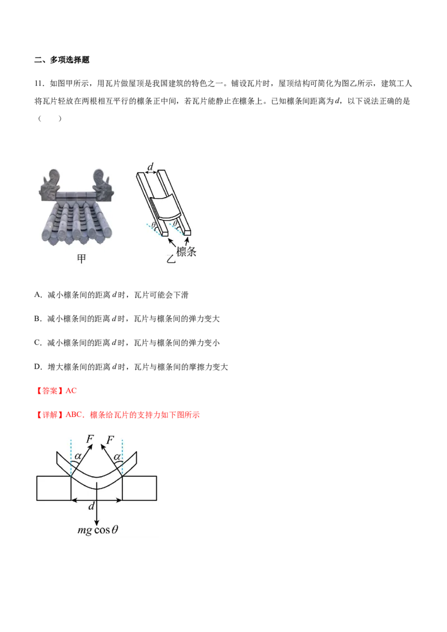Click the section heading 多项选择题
point(70,60)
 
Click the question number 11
point(39,83)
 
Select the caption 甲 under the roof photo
point(82,258)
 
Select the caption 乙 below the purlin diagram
point(171,258)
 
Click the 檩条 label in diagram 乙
point(187,251)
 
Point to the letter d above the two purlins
point(150,166)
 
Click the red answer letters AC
point(71,391)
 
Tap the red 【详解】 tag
point(50,415)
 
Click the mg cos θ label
point(98,530)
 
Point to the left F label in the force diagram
point(91,438)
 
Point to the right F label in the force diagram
point(110,440)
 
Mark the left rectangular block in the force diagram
point(54,488)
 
